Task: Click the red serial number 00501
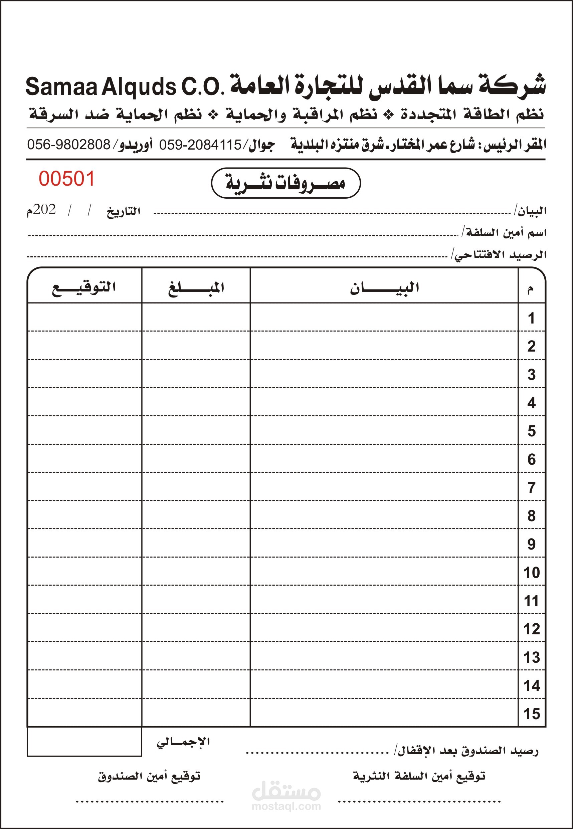(x=67, y=179)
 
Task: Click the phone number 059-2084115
(x=200, y=145)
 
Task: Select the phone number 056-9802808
(x=69, y=145)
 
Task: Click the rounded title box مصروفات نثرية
(x=285, y=183)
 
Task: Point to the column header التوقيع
(x=84, y=288)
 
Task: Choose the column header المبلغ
(x=196, y=288)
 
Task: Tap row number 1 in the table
(x=531, y=318)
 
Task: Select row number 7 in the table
(x=531, y=488)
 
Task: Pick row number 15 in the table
(x=531, y=714)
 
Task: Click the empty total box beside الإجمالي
(x=84, y=742)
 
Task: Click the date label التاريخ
(x=123, y=212)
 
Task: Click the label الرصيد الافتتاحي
(x=500, y=255)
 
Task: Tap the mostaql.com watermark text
(x=286, y=806)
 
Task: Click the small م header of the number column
(x=530, y=289)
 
